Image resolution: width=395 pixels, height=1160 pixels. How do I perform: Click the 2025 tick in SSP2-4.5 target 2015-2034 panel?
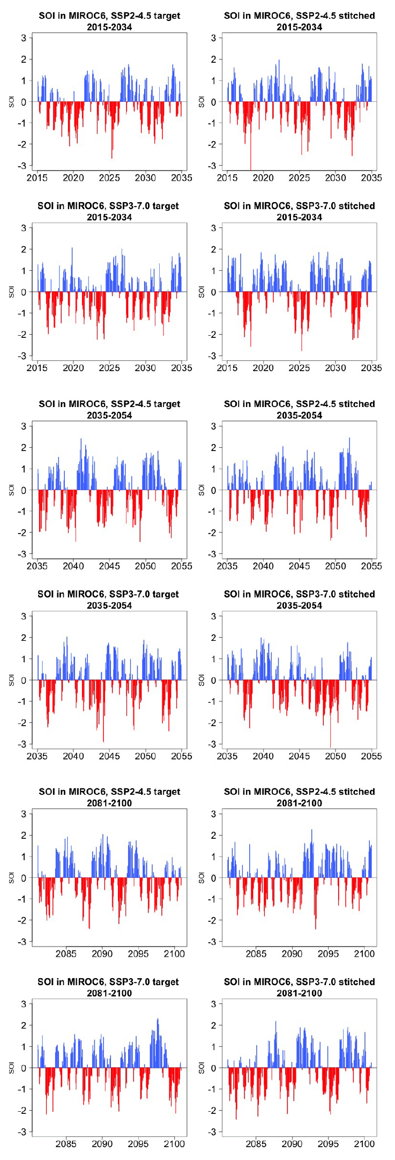109,178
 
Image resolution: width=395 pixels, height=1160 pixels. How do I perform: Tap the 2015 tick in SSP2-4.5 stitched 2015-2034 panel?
228,178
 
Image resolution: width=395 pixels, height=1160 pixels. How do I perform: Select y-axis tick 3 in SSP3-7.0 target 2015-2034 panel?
24,228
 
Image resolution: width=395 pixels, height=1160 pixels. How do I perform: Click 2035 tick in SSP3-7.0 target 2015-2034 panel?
182,368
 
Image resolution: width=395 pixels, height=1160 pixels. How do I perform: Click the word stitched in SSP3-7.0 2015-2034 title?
356,206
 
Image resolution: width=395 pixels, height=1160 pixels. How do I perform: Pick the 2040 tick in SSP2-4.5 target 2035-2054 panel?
73,566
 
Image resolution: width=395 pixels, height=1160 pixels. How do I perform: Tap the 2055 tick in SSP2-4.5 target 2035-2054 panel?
182,566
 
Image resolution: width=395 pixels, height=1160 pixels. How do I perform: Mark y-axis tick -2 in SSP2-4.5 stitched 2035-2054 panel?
213,533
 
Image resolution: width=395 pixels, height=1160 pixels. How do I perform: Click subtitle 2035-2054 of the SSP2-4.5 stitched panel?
299,415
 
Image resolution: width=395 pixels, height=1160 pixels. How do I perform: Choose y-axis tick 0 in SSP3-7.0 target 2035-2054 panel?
24,680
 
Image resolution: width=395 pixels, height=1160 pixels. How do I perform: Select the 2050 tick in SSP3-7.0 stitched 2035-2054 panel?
336,756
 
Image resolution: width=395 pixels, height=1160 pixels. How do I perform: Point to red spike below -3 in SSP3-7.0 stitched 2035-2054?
330,743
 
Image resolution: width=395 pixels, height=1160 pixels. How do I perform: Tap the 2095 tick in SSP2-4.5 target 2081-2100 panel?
138,954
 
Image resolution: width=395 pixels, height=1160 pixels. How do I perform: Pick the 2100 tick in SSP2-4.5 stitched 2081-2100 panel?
364,954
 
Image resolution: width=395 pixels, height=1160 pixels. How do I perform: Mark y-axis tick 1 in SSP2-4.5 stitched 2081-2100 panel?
213,856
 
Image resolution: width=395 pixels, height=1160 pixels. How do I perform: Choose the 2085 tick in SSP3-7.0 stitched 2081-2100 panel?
256,1143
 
